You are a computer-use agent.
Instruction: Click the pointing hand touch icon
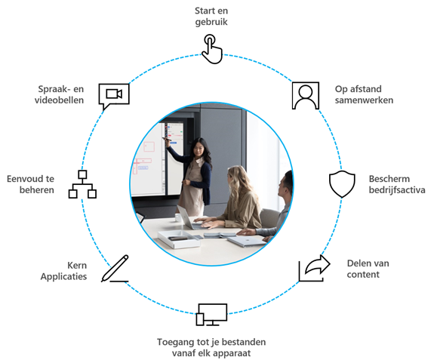pos(212,49)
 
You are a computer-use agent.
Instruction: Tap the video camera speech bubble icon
pos(114,95)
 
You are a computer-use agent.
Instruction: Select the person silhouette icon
pos(306,95)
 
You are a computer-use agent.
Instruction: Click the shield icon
pos(342,184)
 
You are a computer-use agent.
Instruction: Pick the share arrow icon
pos(315,268)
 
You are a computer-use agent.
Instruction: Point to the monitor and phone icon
pos(212,315)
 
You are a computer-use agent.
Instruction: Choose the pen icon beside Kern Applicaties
pos(115,269)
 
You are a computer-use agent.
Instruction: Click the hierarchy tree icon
pos(82,184)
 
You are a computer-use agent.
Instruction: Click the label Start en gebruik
pos(211,17)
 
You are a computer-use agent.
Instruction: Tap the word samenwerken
pos(364,100)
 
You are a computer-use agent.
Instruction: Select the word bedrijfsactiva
pos(397,190)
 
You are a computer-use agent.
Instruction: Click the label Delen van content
pos(368,269)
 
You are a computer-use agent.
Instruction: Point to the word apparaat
pos(231,353)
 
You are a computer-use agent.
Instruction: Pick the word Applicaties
pos(63,276)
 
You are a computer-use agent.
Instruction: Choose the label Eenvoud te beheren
pos(30,184)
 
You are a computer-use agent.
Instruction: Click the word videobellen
pos(59,100)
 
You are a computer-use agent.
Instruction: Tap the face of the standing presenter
pos(199,149)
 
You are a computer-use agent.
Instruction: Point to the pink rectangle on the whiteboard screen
pos(149,146)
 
